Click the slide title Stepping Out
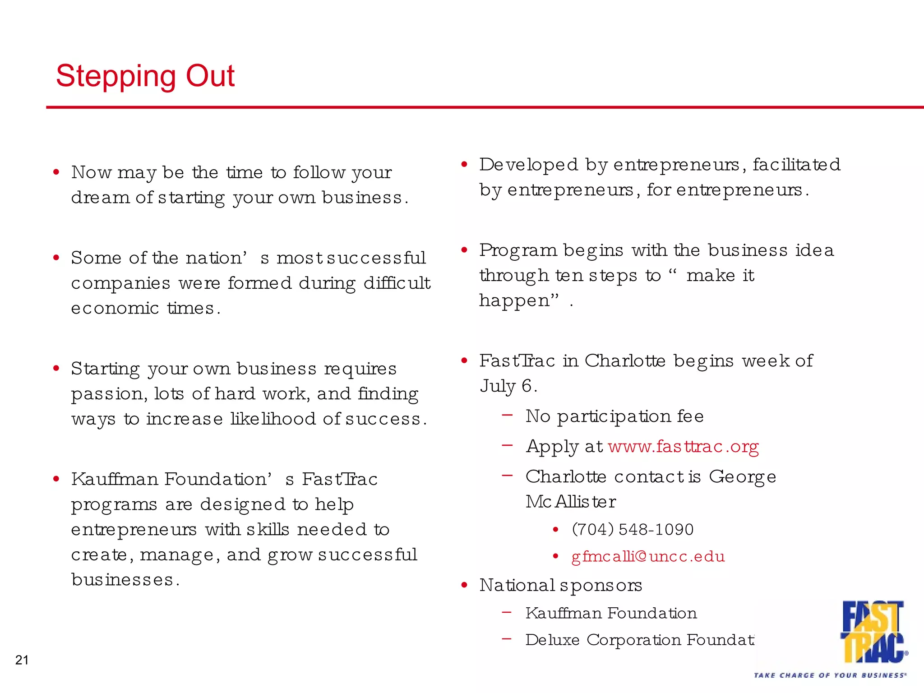pyautogui.click(x=145, y=76)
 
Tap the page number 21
pyautogui.click(x=22, y=660)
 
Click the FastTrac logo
pyautogui.click(x=873, y=632)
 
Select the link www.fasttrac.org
pyautogui.click(x=683, y=447)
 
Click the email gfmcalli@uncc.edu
pyautogui.click(x=648, y=556)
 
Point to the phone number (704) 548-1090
pyautogui.click(x=633, y=529)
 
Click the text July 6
pyautogui.click(x=508, y=386)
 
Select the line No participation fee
pyautogui.click(x=614, y=416)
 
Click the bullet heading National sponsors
pyautogui.click(x=560, y=585)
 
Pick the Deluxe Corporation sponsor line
pyautogui.click(x=639, y=640)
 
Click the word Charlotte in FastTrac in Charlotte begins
pyautogui.click(x=624, y=361)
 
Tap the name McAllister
pyautogui.click(x=570, y=502)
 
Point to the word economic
pyautogui.click(x=115, y=308)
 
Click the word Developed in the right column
pyautogui.click(x=528, y=165)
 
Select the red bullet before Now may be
pyautogui.click(x=56, y=172)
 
